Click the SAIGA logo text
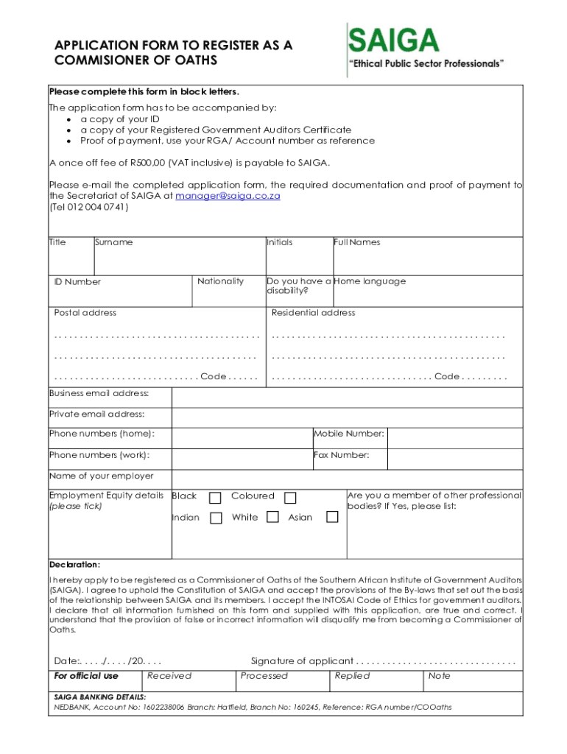point(393,39)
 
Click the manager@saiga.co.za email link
point(228,196)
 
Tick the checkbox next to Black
point(216,497)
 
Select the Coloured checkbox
point(290,497)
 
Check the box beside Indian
point(216,518)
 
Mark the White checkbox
point(272,518)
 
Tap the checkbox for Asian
point(332,518)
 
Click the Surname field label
point(113,242)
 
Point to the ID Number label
point(77,281)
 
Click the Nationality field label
point(220,281)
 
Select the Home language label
point(370,281)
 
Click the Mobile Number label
point(349,434)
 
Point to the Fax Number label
point(341,455)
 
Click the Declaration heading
point(74,565)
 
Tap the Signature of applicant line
point(434,661)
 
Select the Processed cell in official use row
point(264,676)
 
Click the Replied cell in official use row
point(352,676)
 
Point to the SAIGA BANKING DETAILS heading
point(99,697)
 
